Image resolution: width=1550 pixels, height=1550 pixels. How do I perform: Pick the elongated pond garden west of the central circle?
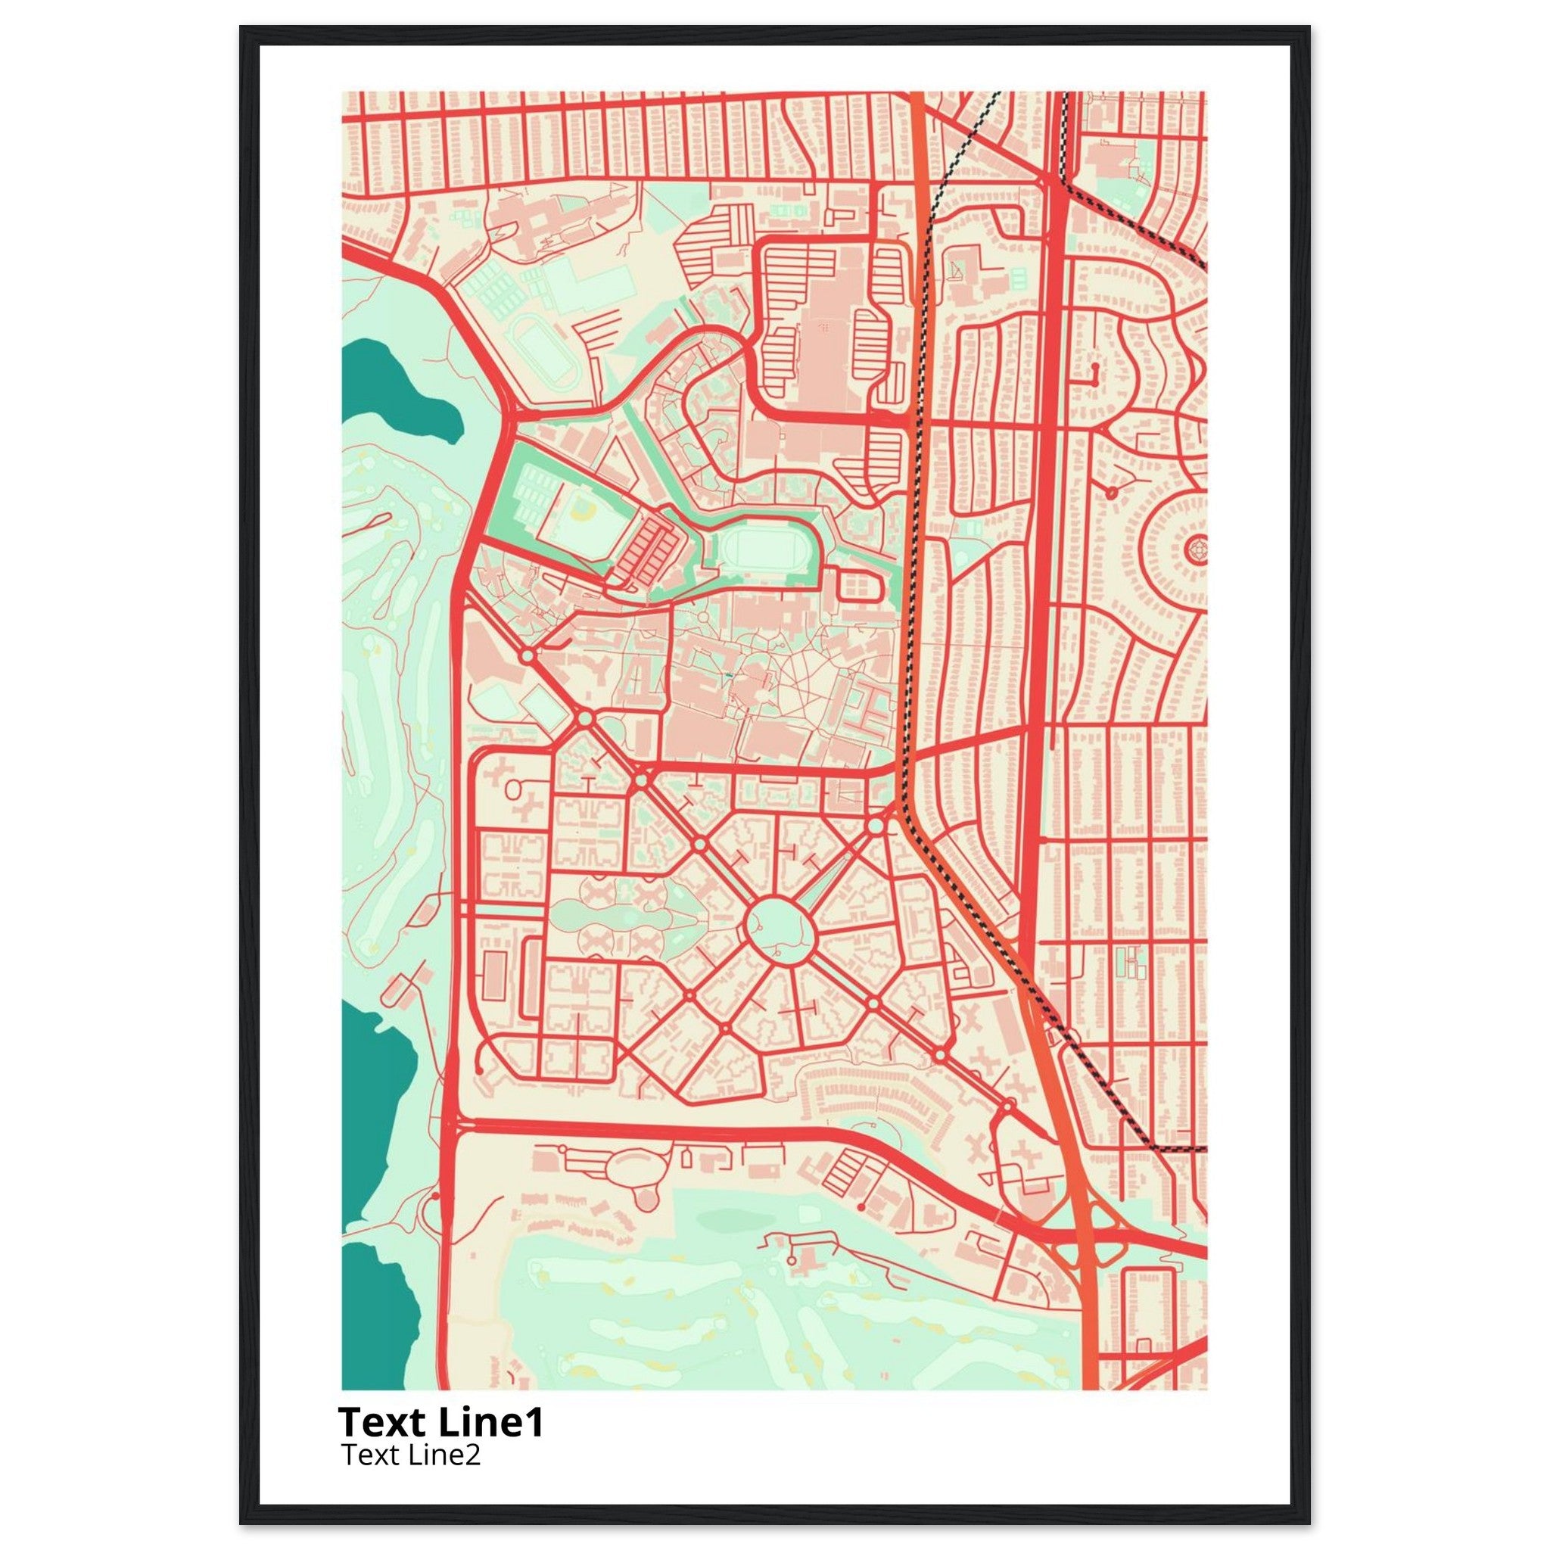(x=610, y=914)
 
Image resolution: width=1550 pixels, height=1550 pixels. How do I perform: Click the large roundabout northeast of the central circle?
(x=876, y=825)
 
